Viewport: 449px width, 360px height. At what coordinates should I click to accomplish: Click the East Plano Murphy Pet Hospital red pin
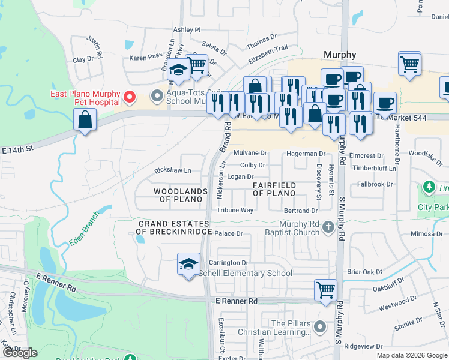[x=128, y=96]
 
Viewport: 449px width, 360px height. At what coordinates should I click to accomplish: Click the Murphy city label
[x=340, y=54]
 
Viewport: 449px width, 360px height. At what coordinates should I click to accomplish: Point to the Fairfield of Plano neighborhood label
[x=274, y=189]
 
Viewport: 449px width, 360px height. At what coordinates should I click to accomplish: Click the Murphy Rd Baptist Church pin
[x=328, y=227]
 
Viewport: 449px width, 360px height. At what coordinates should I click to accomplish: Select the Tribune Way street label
[x=235, y=210]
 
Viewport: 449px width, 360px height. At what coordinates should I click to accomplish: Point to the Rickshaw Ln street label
[x=173, y=170]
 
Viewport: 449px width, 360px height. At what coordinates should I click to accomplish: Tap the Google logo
[x=20, y=353]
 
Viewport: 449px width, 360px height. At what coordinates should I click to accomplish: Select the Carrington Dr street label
[x=228, y=263]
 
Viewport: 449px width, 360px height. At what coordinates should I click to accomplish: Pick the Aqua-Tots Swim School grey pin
[x=157, y=95]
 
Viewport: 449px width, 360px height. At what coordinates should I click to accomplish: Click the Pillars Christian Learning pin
[x=320, y=327]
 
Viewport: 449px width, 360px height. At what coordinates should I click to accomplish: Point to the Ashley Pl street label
[x=186, y=29]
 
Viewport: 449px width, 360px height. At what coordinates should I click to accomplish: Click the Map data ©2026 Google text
[x=412, y=355]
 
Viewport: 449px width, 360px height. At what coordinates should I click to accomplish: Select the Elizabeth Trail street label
[x=268, y=55]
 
